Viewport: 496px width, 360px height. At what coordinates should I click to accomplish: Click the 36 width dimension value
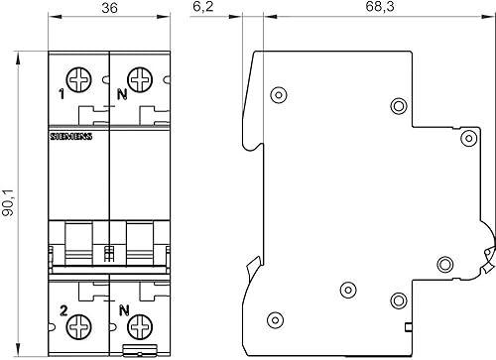109,8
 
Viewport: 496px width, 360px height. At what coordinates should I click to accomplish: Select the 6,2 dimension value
203,7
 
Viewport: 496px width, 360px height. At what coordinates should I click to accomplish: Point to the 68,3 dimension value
380,7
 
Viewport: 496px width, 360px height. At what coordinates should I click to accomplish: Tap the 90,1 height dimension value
8,202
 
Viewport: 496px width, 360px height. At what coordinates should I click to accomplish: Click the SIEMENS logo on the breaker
71,136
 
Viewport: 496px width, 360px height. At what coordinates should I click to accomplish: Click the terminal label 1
62,95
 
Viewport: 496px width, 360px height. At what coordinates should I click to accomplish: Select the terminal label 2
63,310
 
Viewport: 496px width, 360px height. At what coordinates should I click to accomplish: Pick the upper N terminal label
122,95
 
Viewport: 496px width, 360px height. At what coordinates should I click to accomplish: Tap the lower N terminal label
124,310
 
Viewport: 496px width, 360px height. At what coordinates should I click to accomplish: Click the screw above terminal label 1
78,79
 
